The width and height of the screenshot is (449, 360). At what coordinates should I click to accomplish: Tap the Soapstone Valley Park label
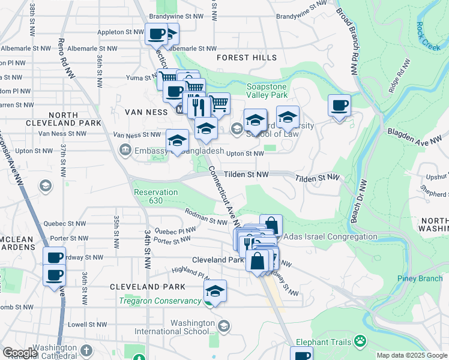[x=267, y=90]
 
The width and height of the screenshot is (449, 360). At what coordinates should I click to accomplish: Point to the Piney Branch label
[x=418, y=278]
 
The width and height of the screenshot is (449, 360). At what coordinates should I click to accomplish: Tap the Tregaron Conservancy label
[x=160, y=301]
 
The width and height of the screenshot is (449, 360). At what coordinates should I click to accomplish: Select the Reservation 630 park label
[x=155, y=196]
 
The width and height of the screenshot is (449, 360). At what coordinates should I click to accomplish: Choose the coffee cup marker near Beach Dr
[x=340, y=106]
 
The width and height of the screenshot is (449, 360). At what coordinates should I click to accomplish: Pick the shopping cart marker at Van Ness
[x=219, y=103]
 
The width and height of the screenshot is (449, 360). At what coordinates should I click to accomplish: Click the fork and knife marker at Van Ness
[x=199, y=107]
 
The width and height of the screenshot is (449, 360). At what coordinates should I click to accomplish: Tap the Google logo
[x=20, y=353]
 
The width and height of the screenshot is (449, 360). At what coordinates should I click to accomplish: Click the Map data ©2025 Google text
[x=411, y=355]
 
